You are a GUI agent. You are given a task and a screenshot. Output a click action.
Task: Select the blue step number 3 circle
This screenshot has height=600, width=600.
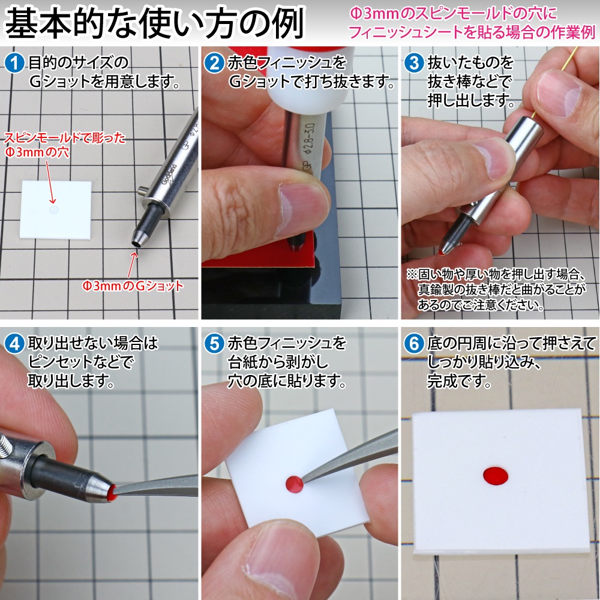[413, 63]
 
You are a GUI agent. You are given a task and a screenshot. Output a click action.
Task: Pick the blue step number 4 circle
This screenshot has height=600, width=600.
[14, 343]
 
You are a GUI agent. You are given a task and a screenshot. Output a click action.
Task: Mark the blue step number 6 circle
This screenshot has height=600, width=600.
[414, 343]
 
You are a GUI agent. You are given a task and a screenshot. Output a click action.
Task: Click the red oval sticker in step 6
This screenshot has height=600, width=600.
[496, 476]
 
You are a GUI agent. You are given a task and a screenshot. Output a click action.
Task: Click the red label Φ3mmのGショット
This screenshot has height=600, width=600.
[133, 286]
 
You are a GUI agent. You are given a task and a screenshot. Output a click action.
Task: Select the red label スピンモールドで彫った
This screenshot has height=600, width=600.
[65, 138]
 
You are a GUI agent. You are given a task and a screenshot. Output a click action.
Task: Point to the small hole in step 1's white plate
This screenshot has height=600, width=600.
[53, 209]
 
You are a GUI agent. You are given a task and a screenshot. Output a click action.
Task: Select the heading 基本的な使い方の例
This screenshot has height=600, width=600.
[155, 23]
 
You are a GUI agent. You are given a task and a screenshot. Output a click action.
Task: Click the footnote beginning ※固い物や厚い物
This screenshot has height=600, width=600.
[496, 290]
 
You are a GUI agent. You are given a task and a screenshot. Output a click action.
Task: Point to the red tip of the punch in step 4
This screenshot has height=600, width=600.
[112, 493]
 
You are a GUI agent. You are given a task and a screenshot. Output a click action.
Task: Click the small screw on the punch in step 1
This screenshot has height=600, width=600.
[142, 190]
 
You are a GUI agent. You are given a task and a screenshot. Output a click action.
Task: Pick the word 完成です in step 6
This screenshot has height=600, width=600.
[458, 382]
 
